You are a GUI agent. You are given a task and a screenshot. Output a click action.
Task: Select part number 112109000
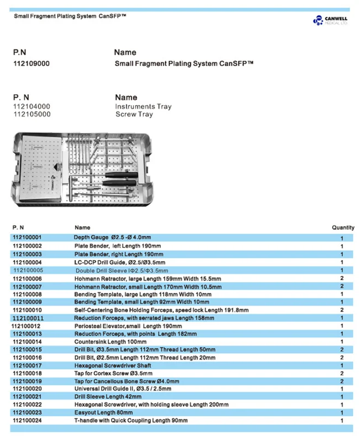click(31, 64)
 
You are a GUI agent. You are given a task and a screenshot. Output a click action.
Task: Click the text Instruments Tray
click(143, 107)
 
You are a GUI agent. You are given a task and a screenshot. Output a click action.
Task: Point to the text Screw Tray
click(134, 114)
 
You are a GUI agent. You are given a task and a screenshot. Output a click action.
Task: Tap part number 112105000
click(31, 114)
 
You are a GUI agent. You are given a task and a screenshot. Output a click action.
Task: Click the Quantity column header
click(343, 227)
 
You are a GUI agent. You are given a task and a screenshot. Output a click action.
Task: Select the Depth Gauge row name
click(112, 238)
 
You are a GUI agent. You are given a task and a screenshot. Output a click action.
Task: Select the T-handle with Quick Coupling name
click(131, 420)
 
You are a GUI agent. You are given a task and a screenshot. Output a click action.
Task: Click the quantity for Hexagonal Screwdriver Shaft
click(342, 365)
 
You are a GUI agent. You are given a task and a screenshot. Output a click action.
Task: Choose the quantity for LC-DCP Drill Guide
click(342, 262)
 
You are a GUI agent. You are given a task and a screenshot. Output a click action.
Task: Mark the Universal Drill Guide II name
click(123, 389)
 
